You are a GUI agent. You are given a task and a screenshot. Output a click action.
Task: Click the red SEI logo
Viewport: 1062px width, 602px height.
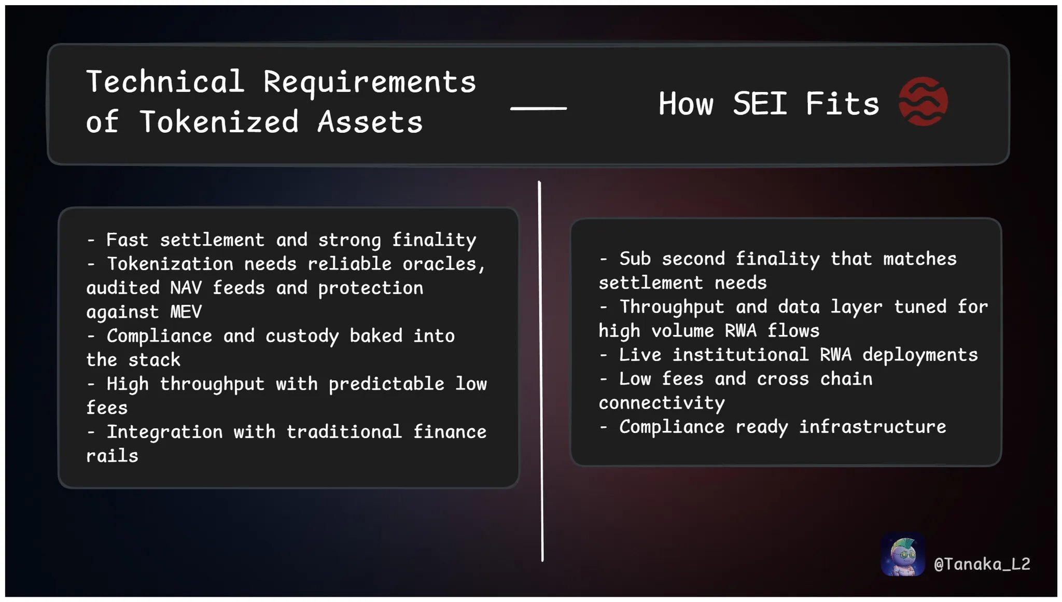(923, 102)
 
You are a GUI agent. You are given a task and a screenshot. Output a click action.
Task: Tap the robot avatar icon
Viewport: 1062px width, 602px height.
(903, 554)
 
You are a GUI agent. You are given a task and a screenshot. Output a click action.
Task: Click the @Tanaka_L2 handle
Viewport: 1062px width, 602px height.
(982, 564)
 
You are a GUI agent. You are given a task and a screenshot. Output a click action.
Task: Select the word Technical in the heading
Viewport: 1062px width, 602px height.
(165, 81)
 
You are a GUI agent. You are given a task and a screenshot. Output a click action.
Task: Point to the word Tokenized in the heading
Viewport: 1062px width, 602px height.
(219, 122)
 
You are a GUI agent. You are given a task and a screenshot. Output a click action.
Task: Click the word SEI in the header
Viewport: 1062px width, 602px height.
(760, 103)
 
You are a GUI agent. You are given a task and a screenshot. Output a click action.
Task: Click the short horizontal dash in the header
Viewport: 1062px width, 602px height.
(538, 108)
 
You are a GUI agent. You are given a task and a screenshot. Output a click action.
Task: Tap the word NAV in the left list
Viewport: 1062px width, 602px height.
(186, 288)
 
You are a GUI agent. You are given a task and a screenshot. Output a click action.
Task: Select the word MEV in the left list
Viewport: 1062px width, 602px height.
(186, 312)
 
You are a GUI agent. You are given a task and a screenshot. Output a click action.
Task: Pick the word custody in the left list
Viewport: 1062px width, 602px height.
(302, 337)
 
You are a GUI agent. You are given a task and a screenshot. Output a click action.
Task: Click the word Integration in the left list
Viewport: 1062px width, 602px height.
(164, 432)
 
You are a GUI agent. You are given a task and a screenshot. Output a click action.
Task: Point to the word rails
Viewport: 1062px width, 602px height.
(112, 456)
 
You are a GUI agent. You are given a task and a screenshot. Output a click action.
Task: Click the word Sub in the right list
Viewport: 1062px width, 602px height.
(635, 258)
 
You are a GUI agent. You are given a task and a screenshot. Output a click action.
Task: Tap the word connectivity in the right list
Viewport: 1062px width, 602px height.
(662, 403)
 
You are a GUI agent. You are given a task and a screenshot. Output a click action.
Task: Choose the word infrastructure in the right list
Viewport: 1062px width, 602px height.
(873, 427)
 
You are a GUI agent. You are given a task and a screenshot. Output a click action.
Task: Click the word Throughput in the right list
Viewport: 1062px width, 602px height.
(672, 307)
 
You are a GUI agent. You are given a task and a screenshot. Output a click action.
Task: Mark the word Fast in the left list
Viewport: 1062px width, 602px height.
(127, 240)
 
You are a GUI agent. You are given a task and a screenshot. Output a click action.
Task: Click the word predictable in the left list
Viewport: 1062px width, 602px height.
(386, 384)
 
